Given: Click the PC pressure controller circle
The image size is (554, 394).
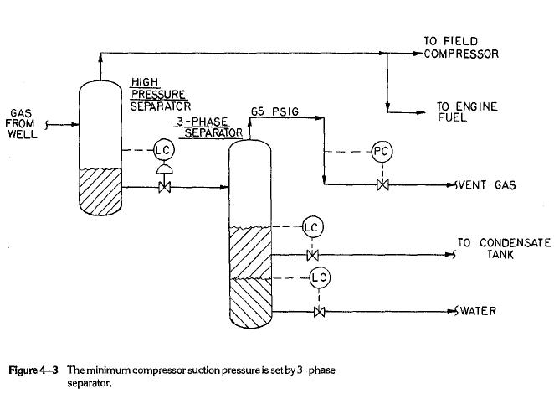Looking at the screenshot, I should point(381,152).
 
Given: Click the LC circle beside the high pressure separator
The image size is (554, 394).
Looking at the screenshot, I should point(162,151).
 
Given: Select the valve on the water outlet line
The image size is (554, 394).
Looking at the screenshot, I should point(319,312).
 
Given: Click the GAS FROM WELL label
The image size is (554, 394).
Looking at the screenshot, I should point(21,124).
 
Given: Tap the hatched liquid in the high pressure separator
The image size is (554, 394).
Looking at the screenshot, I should point(100,189).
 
